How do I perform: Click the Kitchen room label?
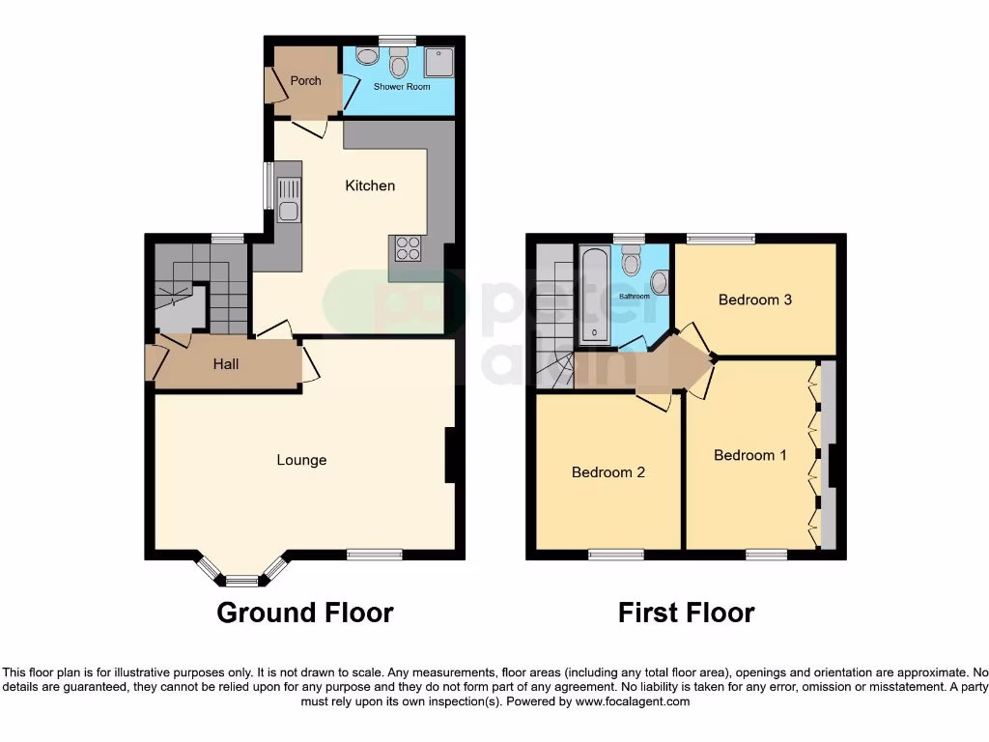pos(370,185)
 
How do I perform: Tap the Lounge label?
pos(301,460)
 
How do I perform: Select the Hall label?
pos(226,364)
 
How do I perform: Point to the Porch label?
pos(305,81)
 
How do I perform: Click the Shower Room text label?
pos(402,87)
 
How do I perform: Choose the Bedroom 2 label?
pos(608,472)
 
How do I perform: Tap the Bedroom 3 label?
pos(754,300)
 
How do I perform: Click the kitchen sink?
pos(288,201)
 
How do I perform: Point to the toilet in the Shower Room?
pos(397,64)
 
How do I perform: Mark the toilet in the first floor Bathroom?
pos(632,261)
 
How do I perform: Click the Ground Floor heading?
pos(304,613)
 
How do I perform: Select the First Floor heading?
pos(686,613)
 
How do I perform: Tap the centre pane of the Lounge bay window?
pos(241,581)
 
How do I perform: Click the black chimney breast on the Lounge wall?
pos(449,455)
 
